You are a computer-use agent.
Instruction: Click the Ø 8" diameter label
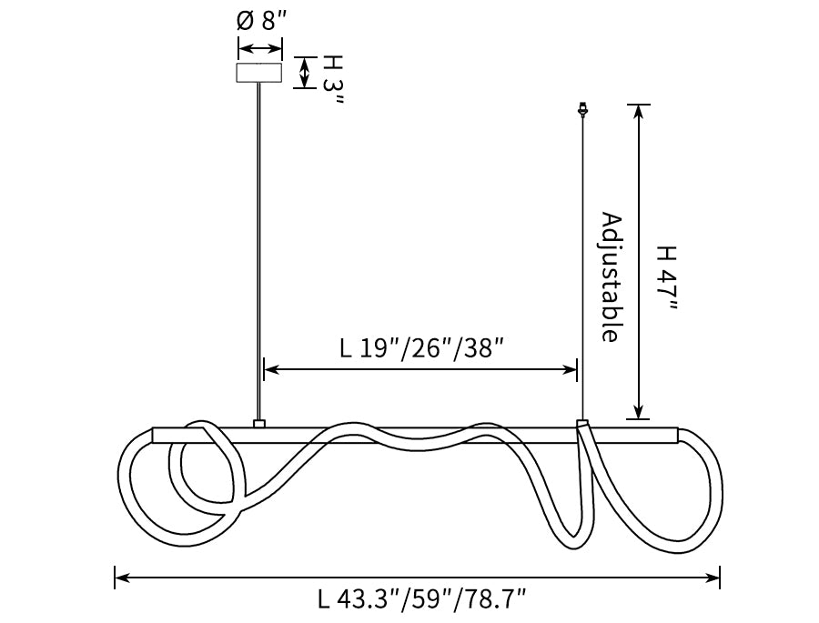click(x=262, y=21)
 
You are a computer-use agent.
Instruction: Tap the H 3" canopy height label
click(x=332, y=80)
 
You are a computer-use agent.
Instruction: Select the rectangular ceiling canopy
click(x=259, y=73)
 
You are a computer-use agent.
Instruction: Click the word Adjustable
click(x=611, y=277)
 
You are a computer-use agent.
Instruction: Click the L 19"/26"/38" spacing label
click(x=421, y=348)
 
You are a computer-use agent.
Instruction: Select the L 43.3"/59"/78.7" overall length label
click(x=421, y=599)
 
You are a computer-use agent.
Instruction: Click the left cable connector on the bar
click(x=259, y=424)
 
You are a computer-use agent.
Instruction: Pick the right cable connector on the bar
click(x=582, y=424)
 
